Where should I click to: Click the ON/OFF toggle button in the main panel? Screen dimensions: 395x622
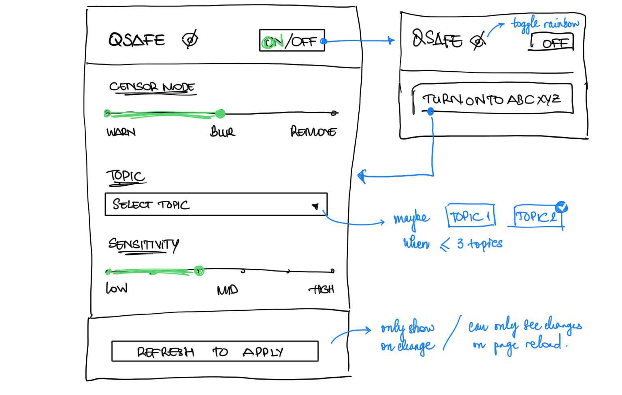click(292, 40)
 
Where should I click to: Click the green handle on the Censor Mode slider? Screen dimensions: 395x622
click(220, 114)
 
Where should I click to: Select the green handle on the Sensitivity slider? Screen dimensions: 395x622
click(199, 270)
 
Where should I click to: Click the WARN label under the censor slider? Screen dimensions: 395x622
click(121, 132)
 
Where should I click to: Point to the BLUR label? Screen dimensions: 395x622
click(222, 132)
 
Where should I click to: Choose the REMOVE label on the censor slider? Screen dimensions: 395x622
click(313, 132)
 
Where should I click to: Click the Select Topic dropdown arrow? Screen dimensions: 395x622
click(315, 206)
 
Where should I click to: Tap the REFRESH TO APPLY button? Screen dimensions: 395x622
click(215, 351)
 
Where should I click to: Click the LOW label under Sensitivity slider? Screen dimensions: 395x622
click(117, 288)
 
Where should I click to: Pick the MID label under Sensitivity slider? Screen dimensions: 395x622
click(227, 290)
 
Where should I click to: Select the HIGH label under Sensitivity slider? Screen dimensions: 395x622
click(322, 289)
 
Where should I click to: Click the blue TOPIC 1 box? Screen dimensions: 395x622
click(471, 217)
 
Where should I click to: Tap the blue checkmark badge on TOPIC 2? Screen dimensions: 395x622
click(561, 207)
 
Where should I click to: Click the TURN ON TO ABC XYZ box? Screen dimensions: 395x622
click(492, 99)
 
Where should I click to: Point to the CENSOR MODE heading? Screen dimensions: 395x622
click(152, 87)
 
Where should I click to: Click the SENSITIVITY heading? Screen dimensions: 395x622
click(143, 244)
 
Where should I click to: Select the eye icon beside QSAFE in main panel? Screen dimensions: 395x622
click(190, 39)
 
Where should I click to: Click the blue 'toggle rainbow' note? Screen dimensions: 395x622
click(545, 23)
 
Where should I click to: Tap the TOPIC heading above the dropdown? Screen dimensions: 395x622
click(126, 176)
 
